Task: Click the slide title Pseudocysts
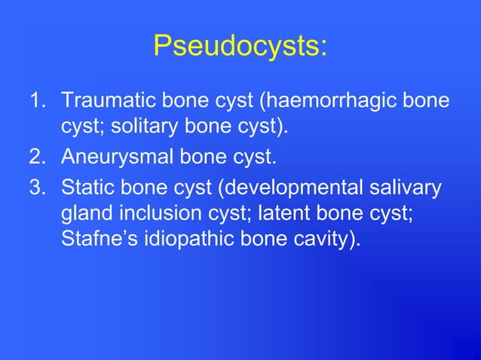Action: click(x=240, y=46)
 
